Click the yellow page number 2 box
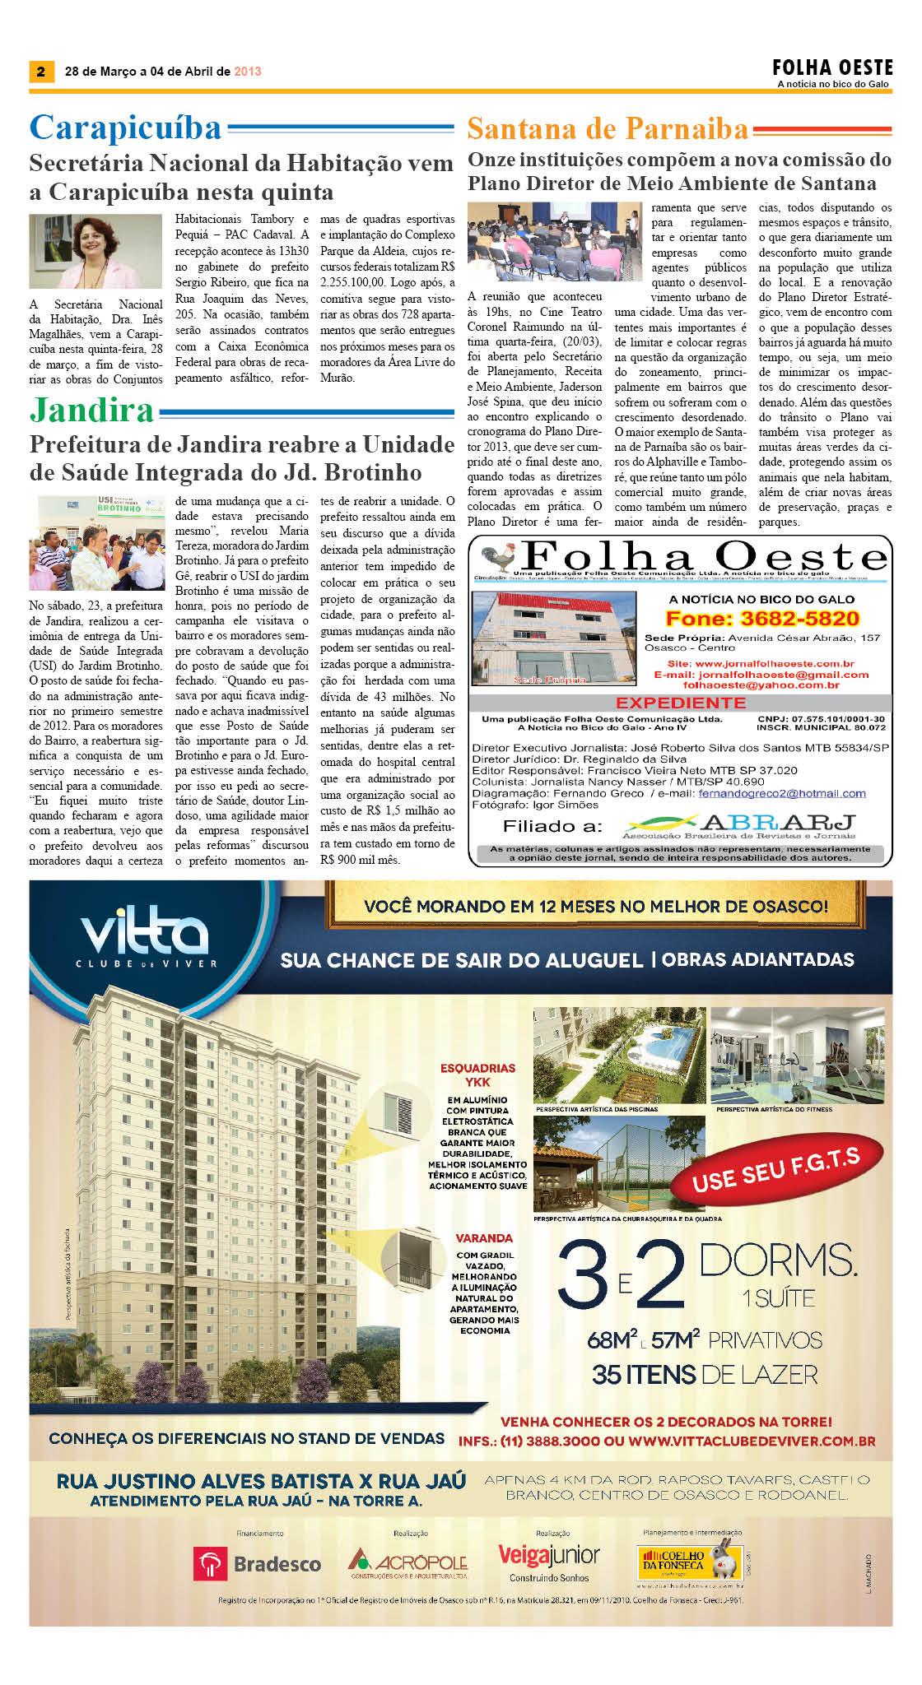pyautogui.click(x=40, y=72)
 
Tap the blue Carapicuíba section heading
pyautogui.click(x=126, y=128)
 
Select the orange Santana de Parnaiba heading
pyautogui.click(x=608, y=129)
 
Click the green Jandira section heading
pyautogui.click(x=92, y=411)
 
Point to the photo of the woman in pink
pyautogui.click(x=95, y=251)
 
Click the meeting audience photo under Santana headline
pyautogui.click(x=553, y=243)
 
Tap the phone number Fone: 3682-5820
pyautogui.click(x=761, y=619)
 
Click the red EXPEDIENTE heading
pyautogui.click(x=680, y=703)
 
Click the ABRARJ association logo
pyautogui.click(x=739, y=826)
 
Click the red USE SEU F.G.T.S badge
pyautogui.click(x=775, y=1169)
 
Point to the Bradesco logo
pyautogui.click(x=257, y=1563)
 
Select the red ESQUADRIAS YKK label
pyautogui.click(x=477, y=1075)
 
